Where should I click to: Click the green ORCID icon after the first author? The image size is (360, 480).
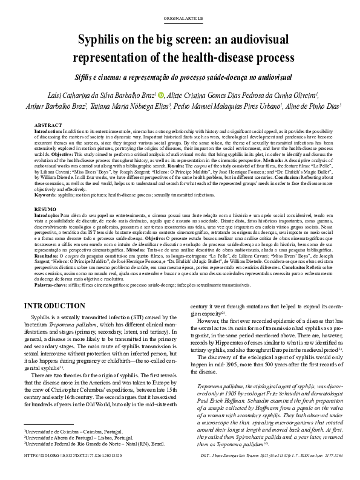click(162, 96)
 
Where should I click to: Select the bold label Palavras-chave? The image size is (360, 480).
click(51, 284)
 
